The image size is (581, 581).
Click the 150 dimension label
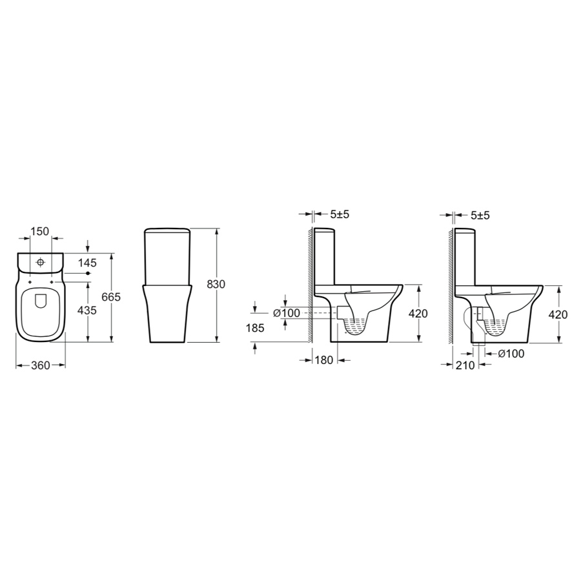click(x=39, y=231)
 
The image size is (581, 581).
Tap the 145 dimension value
click(x=87, y=263)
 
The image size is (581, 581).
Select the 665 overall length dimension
click(x=111, y=297)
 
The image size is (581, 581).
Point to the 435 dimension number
click(x=87, y=310)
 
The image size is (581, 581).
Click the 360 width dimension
click(x=41, y=365)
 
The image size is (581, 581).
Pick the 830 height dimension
click(x=216, y=284)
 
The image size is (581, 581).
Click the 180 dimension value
click(x=324, y=360)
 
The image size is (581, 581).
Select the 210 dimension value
click(x=465, y=365)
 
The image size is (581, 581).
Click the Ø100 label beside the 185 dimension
click(x=287, y=313)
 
